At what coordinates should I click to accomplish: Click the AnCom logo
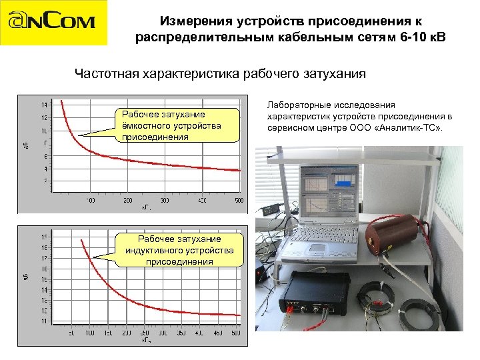[x=53, y=23]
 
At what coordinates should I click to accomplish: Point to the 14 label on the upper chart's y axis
[x=44, y=105]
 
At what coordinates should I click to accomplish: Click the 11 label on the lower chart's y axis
[x=44, y=321]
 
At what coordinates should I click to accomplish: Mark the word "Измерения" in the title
[x=193, y=21]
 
